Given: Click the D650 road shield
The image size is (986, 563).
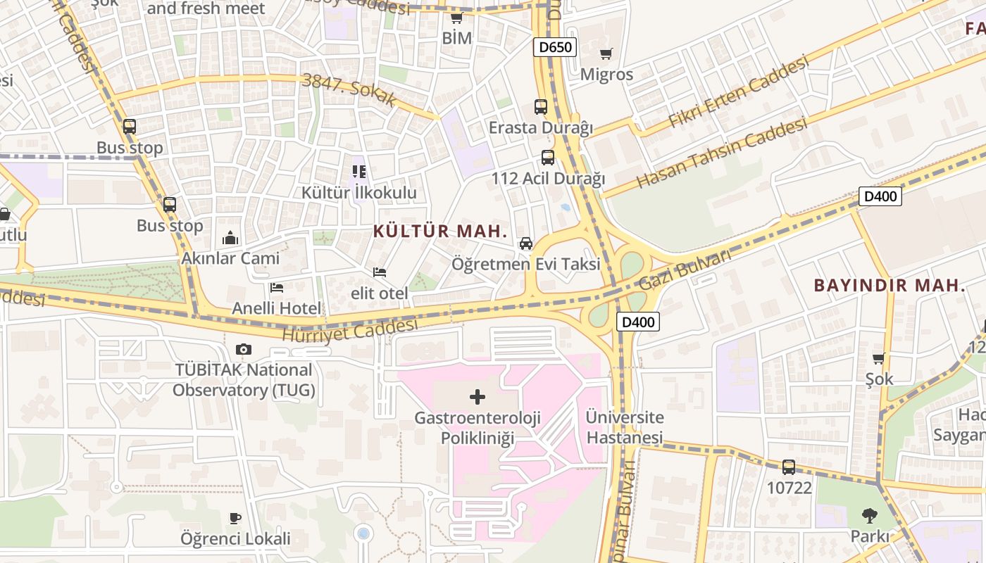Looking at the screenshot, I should point(555,47).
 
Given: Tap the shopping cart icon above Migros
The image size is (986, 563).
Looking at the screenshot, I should point(606,54).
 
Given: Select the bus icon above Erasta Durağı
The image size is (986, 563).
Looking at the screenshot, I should point(541,107).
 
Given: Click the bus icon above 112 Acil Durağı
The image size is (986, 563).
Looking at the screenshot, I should point(548,158).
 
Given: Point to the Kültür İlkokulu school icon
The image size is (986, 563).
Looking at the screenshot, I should point(359,172).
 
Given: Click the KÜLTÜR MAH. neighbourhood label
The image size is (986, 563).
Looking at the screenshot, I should point(440,231).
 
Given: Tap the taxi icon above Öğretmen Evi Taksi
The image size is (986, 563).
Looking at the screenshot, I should point(525,243).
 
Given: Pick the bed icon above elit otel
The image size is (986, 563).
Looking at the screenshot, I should point(380,272).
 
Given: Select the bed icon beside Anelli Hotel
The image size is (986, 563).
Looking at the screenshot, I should point(277,288).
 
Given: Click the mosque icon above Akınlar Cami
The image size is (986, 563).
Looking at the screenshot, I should point(230,239).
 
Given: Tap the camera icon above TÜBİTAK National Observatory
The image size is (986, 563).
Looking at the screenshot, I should point(244,349).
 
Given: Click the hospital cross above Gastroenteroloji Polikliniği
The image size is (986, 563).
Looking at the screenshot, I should point(478,397).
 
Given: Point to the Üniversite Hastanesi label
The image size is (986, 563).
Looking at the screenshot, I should point(625,427).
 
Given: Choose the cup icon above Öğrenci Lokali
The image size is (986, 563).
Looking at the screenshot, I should point(235,519).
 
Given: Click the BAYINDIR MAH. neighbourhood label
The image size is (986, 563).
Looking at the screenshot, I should point(890,286).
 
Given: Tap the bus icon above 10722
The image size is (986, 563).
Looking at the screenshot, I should point(789,467).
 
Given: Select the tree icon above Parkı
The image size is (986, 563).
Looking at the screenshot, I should point(870,516).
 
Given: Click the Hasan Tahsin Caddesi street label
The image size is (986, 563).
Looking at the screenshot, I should point(722,153).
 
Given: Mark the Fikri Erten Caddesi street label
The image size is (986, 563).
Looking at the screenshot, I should point(737,93).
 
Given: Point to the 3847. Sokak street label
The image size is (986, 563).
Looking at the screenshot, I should point(349,89).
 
